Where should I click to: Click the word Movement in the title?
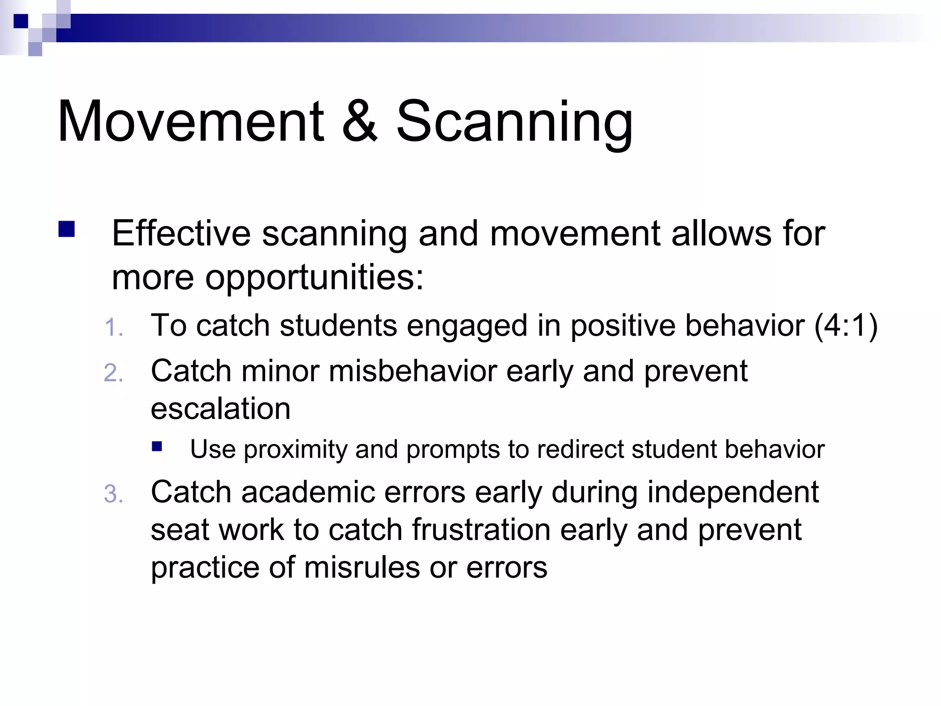[x=191, y=122]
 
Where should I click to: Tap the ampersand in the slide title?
[x=360, y=122]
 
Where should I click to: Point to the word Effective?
[x=181, y=233]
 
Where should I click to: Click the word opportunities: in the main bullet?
[x=314, y=279]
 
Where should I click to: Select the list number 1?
[x=113, y=328]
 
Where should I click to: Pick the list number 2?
[x=113, y=373]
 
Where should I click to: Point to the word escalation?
[x=221, y=409]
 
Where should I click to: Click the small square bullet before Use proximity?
[x=157, y=446]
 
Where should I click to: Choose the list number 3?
[x=113, y=495]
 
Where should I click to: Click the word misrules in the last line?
[x=362, y=568]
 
